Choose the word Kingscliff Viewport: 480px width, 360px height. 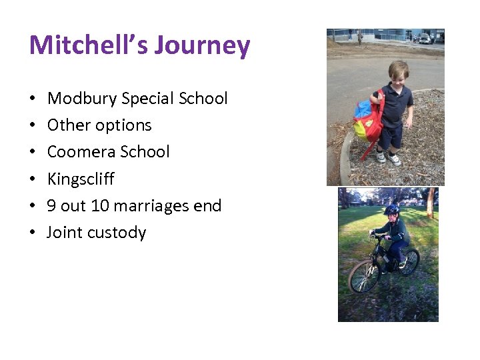[x=81, y=179]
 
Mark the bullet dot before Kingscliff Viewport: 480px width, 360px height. [x=33, y=179]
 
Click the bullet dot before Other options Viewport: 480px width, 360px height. [x=33, y=126]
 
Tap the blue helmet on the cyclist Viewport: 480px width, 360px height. [x=391, y=210]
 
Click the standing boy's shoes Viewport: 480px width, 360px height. [x=389, y=159]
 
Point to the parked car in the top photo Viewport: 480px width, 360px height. [x=425, y=39]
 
